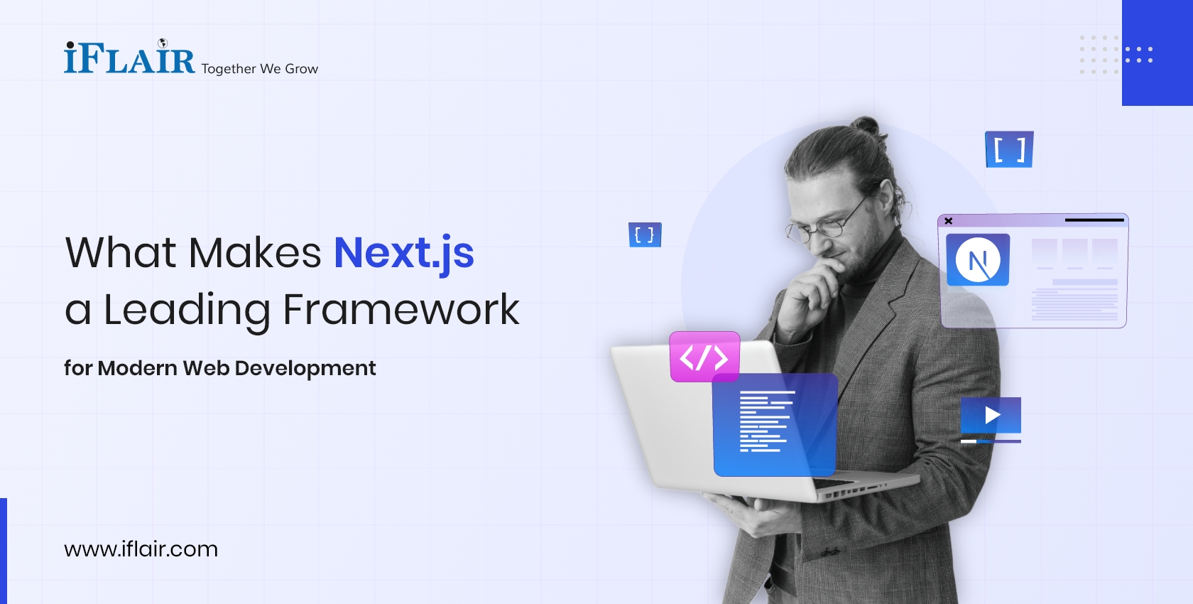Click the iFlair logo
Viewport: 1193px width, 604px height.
(129, 58)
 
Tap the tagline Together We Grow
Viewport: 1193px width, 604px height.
(259, 69)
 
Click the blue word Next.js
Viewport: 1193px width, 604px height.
(403, 253)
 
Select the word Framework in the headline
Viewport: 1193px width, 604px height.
(401, 310)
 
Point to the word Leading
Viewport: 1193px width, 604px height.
(187, 310)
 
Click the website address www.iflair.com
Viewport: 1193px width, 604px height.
(141, 549)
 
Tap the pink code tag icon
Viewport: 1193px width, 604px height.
(704, 357)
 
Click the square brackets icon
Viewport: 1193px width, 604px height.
(1009, 150)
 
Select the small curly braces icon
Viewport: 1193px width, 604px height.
(645, 234)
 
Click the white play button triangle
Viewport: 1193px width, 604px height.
(992, 415)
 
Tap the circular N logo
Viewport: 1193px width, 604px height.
(978, 260)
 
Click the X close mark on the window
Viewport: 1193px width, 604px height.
(949, 221)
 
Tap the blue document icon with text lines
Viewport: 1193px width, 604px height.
(775, 424)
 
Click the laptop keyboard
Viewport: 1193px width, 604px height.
(845, 487)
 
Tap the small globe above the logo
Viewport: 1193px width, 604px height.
(163, 43)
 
